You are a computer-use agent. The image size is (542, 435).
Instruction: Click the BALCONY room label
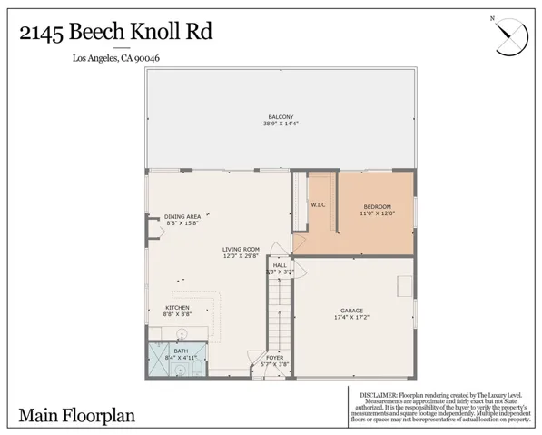click(280, 117)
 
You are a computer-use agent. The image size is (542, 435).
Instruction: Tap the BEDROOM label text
click(377, 205)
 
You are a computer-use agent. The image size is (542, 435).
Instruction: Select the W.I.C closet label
click(318, 204)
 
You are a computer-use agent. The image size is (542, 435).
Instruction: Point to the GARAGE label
click(349, 309)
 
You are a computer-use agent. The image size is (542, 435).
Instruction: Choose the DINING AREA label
click(181, 216)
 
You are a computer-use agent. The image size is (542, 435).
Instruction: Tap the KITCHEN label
click(177, 307)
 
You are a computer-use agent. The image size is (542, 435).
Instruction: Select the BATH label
click(181, 351)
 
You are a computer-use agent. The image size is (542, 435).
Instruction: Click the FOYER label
click(274, 358)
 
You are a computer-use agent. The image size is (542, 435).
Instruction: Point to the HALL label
click(280, 265)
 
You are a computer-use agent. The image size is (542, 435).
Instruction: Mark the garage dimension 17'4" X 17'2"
click(349, 317)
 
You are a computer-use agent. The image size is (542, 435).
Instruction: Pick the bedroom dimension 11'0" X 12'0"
click(377, 213)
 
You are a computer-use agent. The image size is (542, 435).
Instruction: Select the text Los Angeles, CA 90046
click(121, 60)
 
